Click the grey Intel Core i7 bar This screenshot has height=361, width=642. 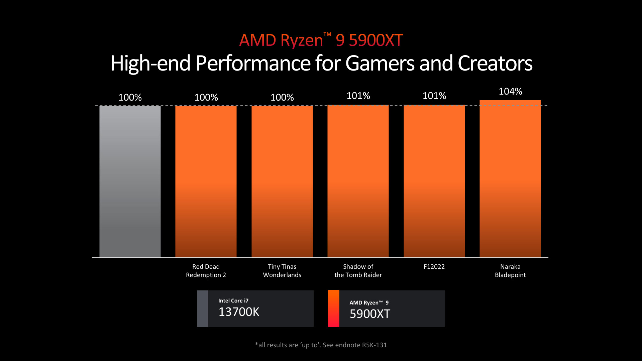point(130,182)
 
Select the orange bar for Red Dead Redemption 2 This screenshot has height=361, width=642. point(206,182)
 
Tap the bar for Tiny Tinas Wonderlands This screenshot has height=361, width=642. point(282,182)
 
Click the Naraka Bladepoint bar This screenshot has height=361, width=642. point(510,178)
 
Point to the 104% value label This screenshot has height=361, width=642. point(510,92)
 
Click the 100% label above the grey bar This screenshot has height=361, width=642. point(130,98)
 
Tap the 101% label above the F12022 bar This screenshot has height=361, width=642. point(434,96)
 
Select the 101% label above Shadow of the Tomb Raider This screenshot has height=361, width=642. point(358,96)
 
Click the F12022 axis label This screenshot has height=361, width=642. point(434,267)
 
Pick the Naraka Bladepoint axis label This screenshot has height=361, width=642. point(510,271)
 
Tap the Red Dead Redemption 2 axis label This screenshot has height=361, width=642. point(206,271)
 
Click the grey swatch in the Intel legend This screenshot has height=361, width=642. point(202,309)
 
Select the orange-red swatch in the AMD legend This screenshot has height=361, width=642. point(333,309)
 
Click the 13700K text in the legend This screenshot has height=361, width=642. point(239,312)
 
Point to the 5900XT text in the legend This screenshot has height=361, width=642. point(370,314)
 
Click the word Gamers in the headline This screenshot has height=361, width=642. point(380,64)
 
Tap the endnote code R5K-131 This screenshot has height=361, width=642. point(374,345)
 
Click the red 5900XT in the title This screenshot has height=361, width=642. point(376,40)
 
